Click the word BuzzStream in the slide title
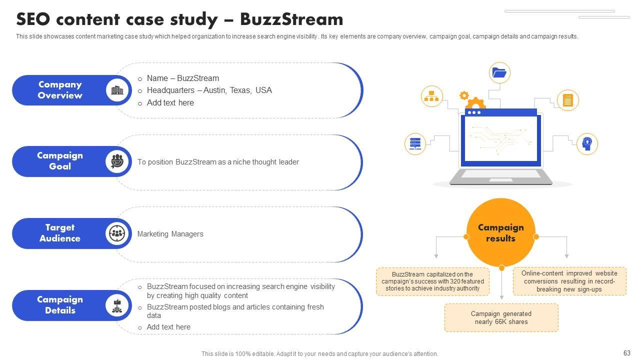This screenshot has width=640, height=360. pos(291,19)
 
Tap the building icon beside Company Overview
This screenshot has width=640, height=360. pos(117,90)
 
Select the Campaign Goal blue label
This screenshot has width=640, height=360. pos(59,161)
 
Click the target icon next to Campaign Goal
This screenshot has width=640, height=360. pos(117,161)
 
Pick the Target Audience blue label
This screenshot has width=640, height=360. pos(59,233)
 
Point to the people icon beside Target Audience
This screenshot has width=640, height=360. pos(117,233)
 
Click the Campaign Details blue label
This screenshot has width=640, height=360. pos(59,305)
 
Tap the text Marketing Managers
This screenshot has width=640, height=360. pos(170,234)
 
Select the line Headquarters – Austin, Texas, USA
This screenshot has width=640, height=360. pos(209,90)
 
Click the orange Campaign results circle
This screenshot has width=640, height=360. pos(500,233)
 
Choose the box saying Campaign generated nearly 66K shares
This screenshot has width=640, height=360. pos(501,318)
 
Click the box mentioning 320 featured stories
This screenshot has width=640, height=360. pos(432,281)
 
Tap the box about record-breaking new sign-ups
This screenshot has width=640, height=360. pos(569,281)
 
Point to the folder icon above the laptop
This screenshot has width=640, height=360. pos(499,73)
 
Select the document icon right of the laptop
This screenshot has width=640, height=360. pos(567,100)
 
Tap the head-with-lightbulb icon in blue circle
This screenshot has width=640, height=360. pos(587,143)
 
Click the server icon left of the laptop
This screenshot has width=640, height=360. pos(414,144)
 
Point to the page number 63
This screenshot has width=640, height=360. pos(627,353)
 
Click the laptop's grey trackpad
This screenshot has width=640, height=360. pos(500,174)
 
